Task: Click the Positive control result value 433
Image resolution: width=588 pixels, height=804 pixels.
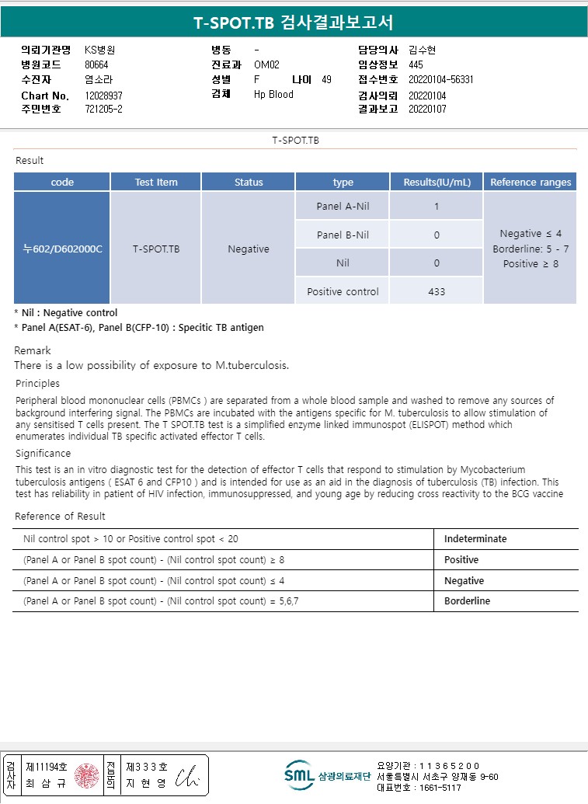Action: [x=437, y=291]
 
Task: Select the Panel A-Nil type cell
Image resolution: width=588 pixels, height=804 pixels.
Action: [x=343, y=207]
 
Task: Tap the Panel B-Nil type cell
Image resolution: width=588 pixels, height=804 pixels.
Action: [x=343, y=235]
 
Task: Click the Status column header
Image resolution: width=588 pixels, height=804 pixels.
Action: [x=249, y=183]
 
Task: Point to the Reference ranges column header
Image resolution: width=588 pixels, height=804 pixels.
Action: [x=531, y=183]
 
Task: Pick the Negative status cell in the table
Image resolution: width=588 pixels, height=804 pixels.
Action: [x=249, y=249]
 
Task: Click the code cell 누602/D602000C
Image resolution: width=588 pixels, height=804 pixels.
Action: [x=62, y=249]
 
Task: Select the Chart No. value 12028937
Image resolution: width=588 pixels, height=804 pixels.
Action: [x=103, y=96]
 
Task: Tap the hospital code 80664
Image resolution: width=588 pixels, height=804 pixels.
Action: [x=96, y=65]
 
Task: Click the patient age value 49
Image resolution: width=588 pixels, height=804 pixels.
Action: [x=326, y=79]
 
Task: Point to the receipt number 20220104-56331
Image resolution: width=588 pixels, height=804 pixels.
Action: [x=440, y=79]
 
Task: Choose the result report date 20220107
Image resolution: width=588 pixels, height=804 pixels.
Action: [x=427, y=110]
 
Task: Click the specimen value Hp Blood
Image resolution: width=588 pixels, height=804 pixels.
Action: [x=273, y=94]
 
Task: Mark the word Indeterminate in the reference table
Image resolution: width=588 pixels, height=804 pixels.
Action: [x=475, y=538]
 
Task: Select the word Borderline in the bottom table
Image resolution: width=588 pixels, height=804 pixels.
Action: [x=467, y=601]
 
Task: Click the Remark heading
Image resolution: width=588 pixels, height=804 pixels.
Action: [x=33, y=350]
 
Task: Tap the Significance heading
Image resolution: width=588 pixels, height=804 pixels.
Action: [x=43, y=453]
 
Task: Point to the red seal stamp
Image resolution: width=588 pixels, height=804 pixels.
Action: [x=86, y=774]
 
